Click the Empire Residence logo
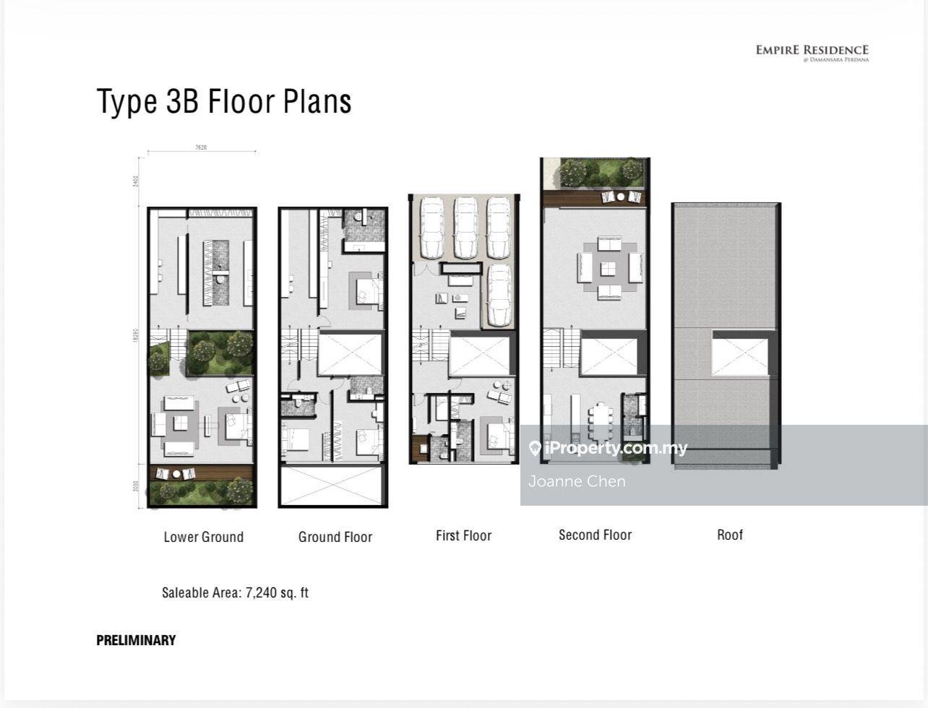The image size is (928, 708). [x=812, y=52]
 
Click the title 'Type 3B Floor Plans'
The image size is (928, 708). [x=224, y=101]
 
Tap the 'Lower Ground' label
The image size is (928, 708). [x=203, y=537]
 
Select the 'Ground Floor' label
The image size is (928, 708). [x=335, y=537]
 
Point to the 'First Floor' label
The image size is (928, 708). [x=463, y=535]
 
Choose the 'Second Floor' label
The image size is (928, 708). [x=595, y=535]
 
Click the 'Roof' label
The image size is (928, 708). [x=729, y=535]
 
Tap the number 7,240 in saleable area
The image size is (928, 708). [x=262, y=593]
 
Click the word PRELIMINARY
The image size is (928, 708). [x=136, y=640]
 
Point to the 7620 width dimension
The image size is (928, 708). [x=201, y=147]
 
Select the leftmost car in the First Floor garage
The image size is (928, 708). [x=431, y=228]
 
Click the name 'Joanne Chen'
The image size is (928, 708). [x=577, y=481]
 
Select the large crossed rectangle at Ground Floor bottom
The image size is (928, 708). [x=332, y=486]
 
